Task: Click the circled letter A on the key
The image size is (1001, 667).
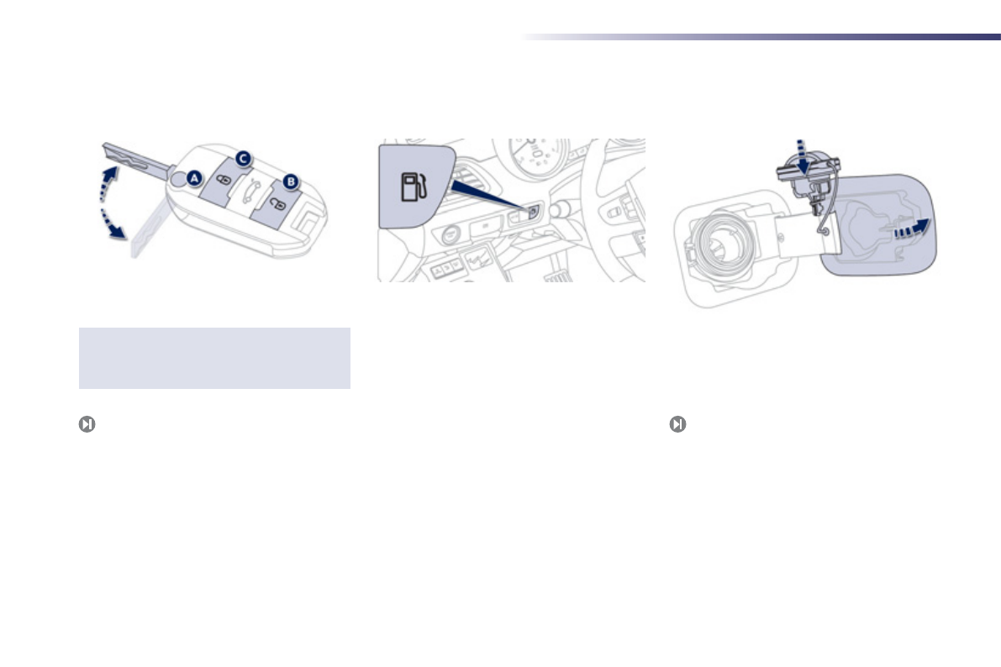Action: [194, 179]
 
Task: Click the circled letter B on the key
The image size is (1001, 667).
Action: [291, 182]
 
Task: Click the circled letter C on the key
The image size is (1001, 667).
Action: [243, 159]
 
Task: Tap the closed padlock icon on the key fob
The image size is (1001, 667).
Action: [224, 181]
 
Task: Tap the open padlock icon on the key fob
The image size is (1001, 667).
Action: [277, 204]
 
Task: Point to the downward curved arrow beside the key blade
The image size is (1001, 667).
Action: [113, 223]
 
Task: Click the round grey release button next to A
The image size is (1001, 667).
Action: [179, 180]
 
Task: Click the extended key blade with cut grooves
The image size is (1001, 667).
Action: [135, 158]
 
